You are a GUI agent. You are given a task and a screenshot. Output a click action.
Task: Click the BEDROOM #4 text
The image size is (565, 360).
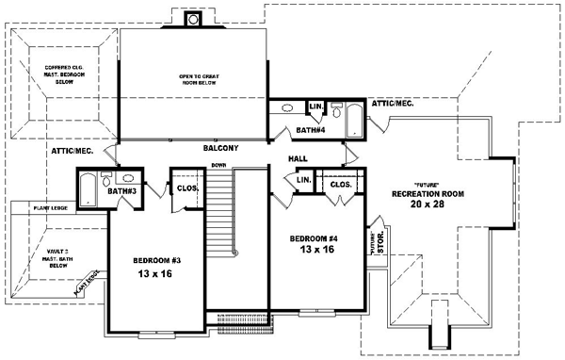[x=315, y=238]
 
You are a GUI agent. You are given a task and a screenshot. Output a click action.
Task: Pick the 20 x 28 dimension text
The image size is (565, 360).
[x=428, y=205]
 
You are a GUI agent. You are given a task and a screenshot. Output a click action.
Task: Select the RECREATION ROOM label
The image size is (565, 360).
[x=428, y=193]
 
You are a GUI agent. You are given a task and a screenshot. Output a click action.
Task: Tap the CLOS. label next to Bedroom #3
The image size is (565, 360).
[x=186, y=188]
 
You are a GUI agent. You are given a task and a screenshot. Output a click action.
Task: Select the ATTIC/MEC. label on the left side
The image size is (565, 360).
[x=70, y=150]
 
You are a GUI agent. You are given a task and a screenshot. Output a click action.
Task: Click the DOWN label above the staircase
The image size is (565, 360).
[x=218, y=165]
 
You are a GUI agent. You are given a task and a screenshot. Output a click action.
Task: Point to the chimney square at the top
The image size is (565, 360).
[x=194, y=18]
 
